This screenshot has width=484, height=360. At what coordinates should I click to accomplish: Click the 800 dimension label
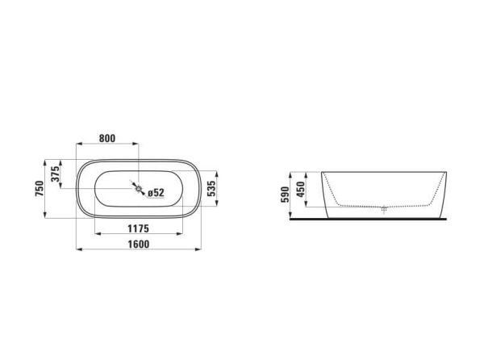coord(107,138)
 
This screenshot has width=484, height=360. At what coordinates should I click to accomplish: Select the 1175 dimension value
coord(138,228)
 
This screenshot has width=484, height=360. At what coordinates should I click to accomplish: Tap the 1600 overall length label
coord(139,245)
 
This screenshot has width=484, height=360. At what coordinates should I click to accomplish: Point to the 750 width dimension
coord(40,189)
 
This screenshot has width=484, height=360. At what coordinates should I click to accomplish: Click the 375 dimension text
coord(55,174)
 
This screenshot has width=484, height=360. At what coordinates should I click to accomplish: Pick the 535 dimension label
coord(211,189)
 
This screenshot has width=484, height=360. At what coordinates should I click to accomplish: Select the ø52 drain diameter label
coord(156,193)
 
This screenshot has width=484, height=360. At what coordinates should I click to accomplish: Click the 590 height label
coord(285,195)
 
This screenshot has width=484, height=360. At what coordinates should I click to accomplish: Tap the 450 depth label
coord(300,189)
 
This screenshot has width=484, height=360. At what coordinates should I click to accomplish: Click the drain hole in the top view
coord(139,188)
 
